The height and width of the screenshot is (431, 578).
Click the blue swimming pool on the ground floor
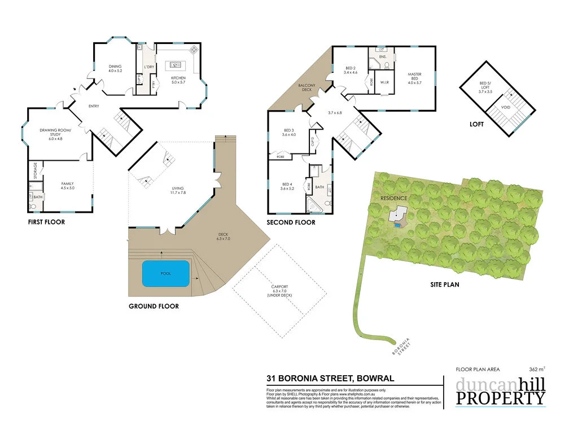[165, 273]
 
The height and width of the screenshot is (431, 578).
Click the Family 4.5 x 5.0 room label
[68, 186]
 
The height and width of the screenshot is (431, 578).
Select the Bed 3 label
[288, 133]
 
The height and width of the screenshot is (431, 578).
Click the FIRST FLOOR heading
[46, 222]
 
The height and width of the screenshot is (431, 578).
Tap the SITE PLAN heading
[445, 285]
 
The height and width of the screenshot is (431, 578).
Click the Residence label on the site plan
[394, 199]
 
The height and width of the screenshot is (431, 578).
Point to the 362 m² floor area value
[537, 370]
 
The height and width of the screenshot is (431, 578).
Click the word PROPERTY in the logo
[501, 398]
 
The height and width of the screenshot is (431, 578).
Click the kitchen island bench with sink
[176, 65]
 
